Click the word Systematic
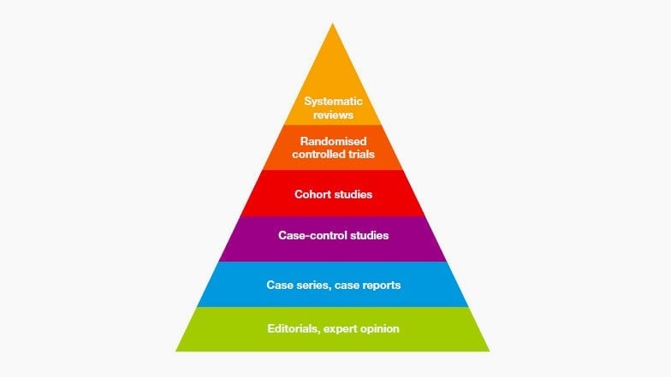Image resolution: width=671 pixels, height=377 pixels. pos(334,101)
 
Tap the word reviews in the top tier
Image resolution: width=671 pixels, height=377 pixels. pos(334,115)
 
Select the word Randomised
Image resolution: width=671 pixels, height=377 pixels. pos(334,141)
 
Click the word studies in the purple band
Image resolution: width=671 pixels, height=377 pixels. pos(368,235)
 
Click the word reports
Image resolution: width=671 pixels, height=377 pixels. pos(380,286)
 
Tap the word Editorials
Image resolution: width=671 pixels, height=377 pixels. pos(294,328)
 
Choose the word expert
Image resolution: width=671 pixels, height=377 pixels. pos(340,329)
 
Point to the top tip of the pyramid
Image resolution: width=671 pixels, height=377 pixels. pos(332,24)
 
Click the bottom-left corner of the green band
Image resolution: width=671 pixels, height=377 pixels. pos(176,351)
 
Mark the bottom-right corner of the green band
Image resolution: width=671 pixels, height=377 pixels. pos(490,351)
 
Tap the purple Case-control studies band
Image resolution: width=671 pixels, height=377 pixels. pos(333,239)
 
